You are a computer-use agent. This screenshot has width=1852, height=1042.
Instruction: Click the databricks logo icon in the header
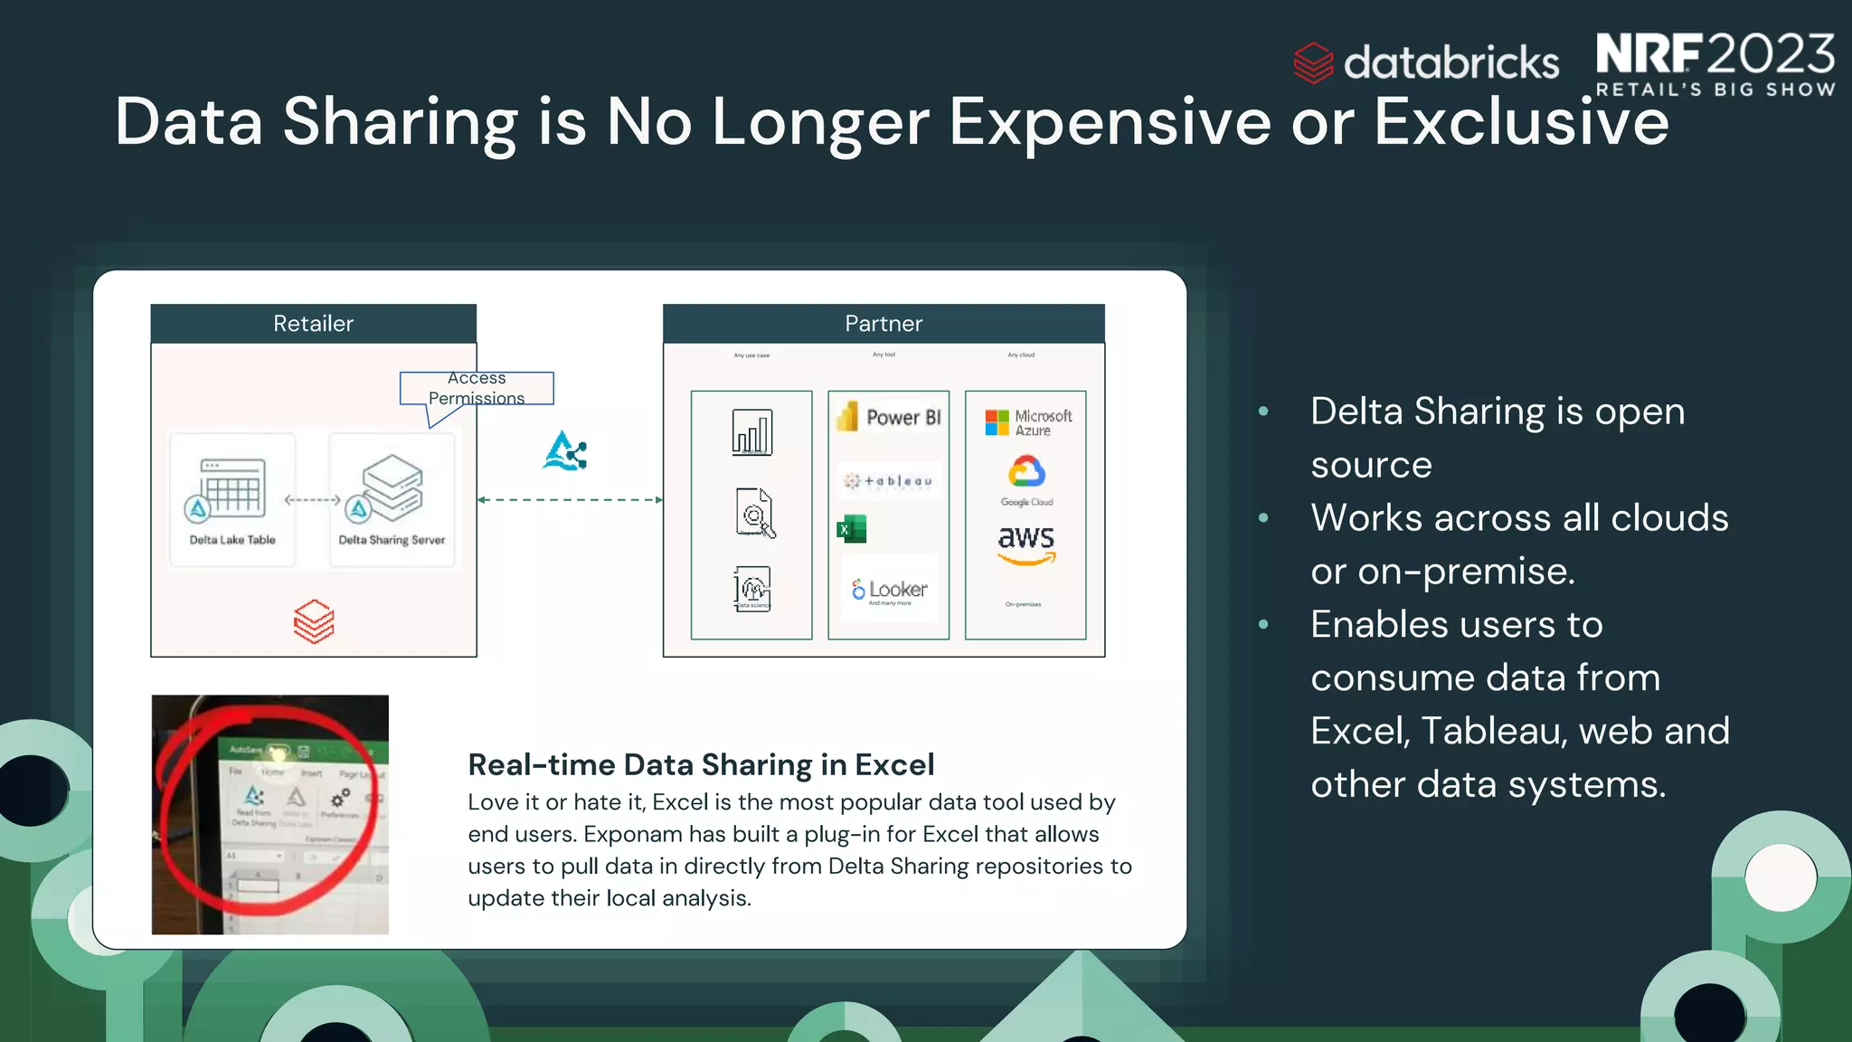(x=1313, y=62)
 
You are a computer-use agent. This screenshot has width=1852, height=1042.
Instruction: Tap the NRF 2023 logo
(x=1715, y=63)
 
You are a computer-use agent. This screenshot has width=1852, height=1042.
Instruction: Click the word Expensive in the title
(x=1110, y=122)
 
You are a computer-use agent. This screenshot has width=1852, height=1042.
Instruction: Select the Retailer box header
(x=313, y=324)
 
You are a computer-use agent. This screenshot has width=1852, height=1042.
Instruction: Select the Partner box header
(x=883, y=324)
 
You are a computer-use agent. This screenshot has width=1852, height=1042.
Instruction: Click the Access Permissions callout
(x=477, y=389)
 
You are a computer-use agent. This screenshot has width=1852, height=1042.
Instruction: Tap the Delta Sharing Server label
(x=392, y=540)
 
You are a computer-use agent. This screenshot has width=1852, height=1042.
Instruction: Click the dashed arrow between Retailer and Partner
(x=570, y=499)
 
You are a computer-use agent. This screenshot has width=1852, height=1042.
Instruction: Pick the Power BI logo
(x=889, y=417)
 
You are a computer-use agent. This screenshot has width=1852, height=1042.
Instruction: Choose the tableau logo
(x=889, y=481)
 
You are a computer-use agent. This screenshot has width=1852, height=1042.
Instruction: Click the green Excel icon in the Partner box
(x=852, y=529)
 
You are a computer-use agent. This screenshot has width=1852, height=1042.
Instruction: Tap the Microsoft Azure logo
(x=1027, y=422)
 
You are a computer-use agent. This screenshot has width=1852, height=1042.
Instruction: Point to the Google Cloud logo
(x=1027, y=479)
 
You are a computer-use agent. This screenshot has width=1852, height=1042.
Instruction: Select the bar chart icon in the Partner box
(x=751, y=432)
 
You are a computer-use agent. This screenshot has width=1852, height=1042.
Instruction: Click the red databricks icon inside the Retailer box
(x=314, y=621)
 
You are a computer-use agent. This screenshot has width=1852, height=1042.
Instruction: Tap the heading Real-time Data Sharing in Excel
(x=701, y=765)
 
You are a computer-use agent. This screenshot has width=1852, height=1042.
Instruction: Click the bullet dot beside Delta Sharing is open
(x=1263, y=412)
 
